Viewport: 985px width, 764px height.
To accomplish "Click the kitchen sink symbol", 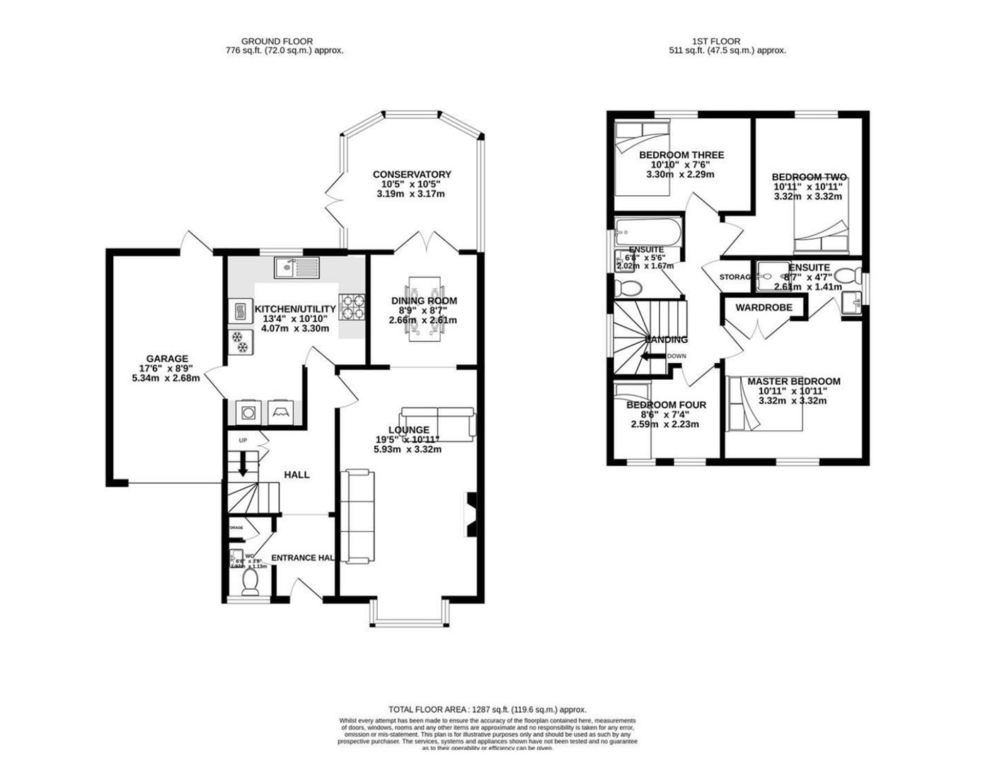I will coord(297,267).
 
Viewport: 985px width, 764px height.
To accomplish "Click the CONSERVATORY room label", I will coord(412,175).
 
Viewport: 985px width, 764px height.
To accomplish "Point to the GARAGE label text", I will coord(167,359).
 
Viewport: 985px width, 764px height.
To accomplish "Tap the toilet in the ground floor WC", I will coord(250,582).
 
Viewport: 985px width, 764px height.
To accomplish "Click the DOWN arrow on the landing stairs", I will coord(650,357).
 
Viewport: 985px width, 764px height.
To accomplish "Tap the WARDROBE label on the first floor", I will coord(763,308).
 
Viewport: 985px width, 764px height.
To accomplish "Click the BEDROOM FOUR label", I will coord(666,405).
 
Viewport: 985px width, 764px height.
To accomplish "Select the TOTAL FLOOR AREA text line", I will coord(487,710).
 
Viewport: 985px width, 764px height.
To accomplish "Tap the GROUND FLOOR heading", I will coord(277,42).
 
